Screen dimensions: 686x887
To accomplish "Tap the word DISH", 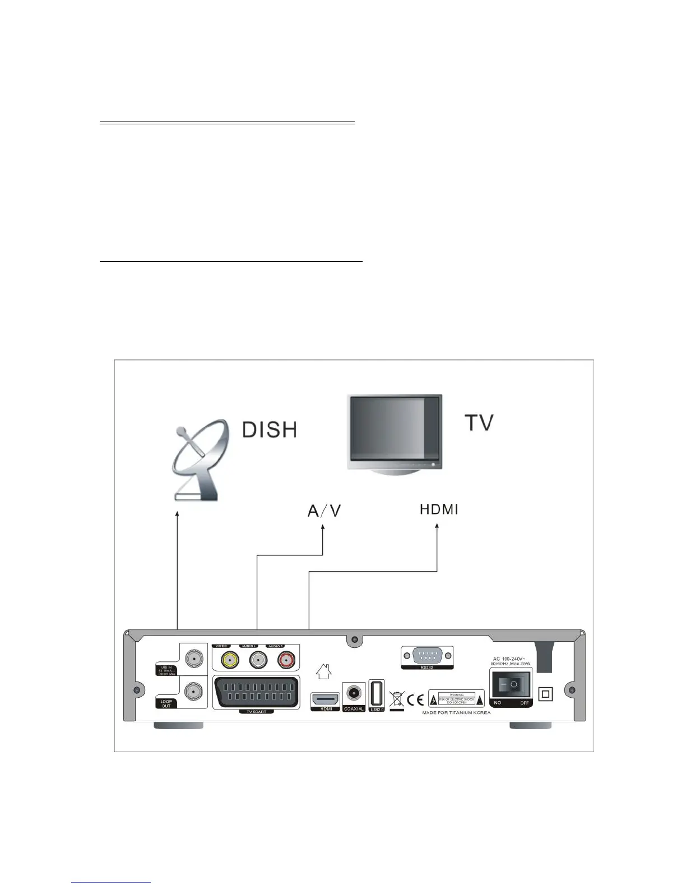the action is pyautogui.click(x=269, y=430).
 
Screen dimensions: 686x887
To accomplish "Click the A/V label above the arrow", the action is pyautogui.click(x=324, y=511).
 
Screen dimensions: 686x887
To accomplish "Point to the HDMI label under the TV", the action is pyautogui.click(x=439, y=510).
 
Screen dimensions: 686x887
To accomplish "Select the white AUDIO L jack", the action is pyautogui.click(x=257, y=660).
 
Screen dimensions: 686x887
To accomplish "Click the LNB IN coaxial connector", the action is pyautogui.click(x=194, y=659).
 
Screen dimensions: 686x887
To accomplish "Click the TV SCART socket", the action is pyautogui.click(x=256, y=693).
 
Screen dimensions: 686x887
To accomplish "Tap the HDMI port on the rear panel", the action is pyautogui.click(x=325, y=699).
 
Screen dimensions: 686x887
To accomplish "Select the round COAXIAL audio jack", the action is pyautogui.click(x=354, y=693).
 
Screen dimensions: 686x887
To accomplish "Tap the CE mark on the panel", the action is pyautogui.click(x=416, y=699).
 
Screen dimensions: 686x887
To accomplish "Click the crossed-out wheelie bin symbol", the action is pyautogui.click(x=396, y=699).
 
